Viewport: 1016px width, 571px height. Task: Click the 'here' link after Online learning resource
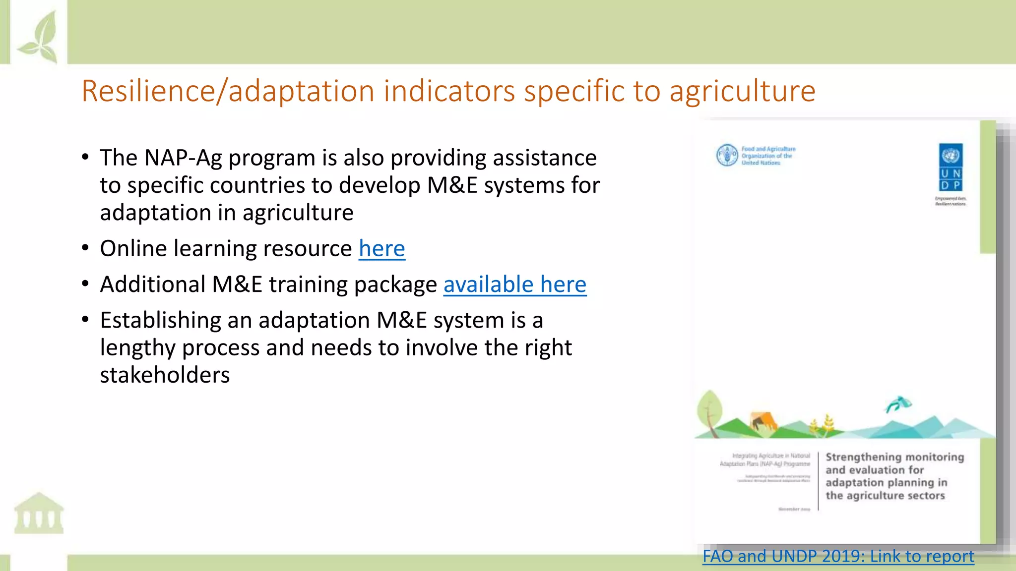[x=381, y=249]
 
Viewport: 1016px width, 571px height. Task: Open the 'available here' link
[x=514, y=285]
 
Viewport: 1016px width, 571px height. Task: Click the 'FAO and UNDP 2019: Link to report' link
[x=838, y=556]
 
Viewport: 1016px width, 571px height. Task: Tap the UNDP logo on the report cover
[x=951, y=168]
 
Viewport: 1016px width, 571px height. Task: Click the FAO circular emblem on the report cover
[x=727, y=155]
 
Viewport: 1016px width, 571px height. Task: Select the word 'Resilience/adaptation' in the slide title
[x=227, y=92]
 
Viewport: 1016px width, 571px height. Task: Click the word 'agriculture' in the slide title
[x=742, y=92]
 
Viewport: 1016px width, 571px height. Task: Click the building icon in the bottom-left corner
[x=39, y=514]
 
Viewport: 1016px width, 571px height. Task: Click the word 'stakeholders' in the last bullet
[x=165, y=375]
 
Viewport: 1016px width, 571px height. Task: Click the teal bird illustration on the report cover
[x=898, y=404]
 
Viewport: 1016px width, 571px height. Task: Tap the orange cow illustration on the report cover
[x=762, y=422]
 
